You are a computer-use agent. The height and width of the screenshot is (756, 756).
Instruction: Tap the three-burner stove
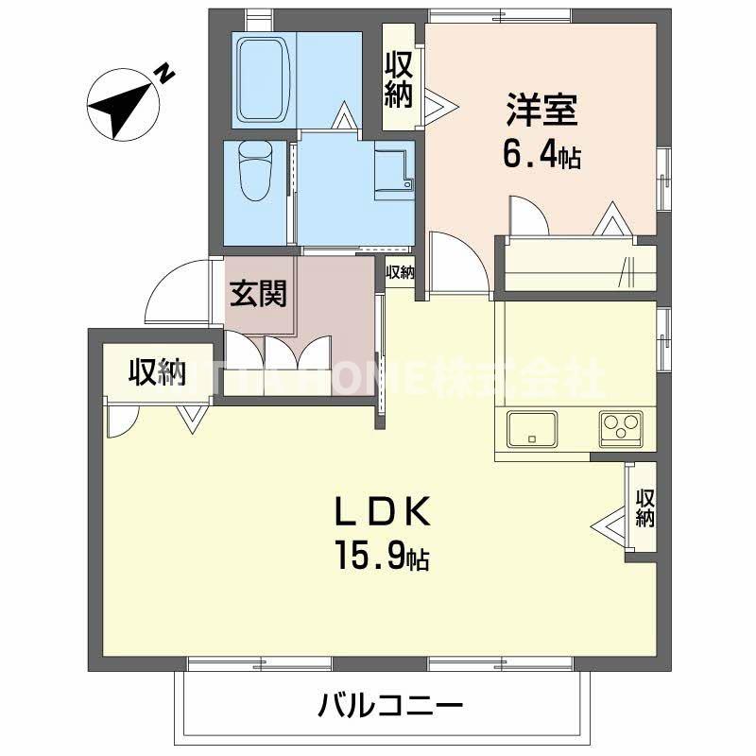(x=620, y=428)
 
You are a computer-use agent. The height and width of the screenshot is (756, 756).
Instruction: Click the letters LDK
(x=382, y=512)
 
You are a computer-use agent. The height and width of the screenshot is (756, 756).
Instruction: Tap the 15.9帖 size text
(x=380, y=555)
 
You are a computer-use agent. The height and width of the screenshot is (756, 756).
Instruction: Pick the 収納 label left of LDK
(x=157, y=373)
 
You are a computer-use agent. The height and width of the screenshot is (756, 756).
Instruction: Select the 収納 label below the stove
(x=645, y=507)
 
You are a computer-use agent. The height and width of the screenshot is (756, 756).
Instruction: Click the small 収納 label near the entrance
(x=400, y=272)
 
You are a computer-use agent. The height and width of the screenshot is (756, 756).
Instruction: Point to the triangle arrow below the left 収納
(x=193, y=419)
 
